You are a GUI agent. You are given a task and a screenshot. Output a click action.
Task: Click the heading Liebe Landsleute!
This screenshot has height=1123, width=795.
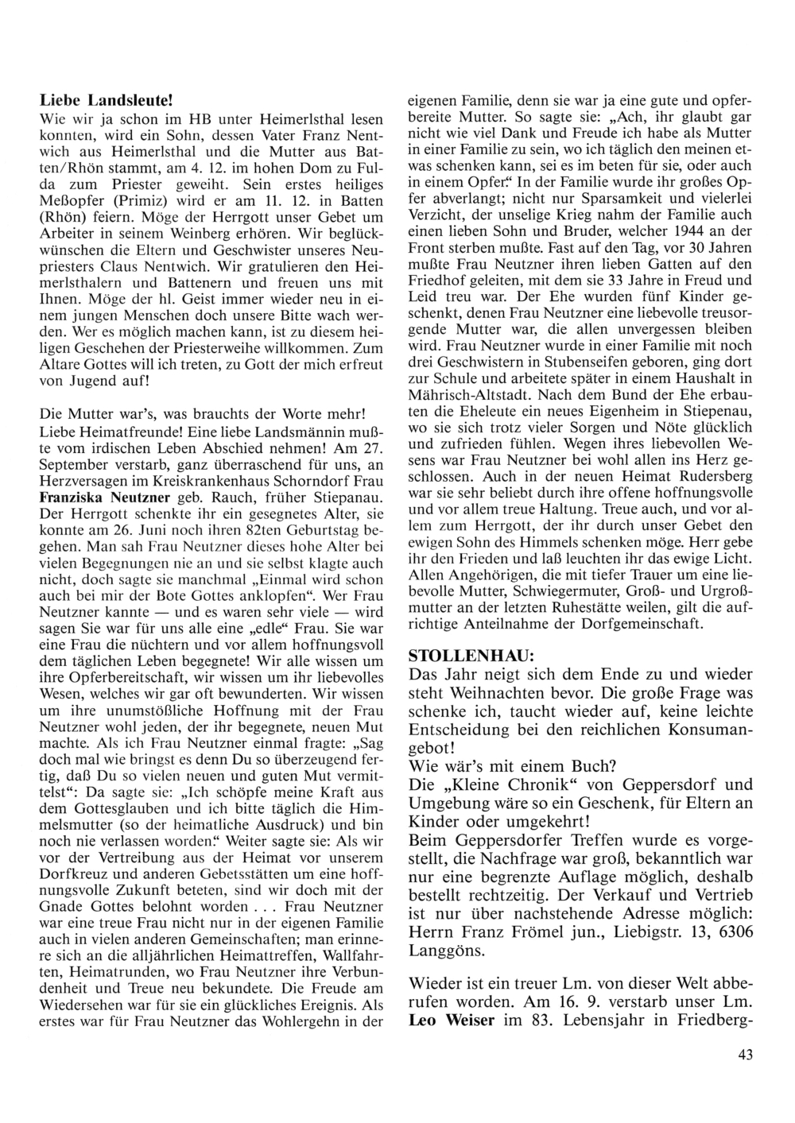(106, 103)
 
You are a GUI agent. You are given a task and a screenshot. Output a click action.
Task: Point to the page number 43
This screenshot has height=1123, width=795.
(745, 1054)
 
